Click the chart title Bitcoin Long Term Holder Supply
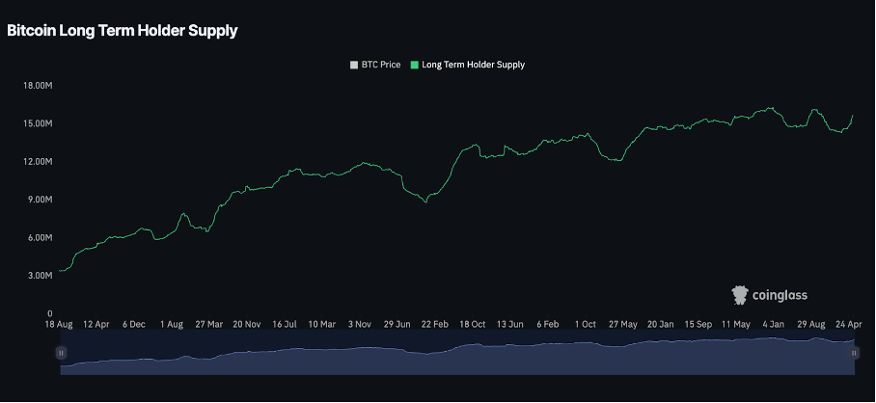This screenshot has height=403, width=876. (x=123, y=31)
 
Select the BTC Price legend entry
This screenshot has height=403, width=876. (x=375, y=65)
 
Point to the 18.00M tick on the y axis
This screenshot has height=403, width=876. (x=37, y=86)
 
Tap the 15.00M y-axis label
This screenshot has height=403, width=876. (x=37, y=123)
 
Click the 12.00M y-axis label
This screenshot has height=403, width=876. (x=37, y=162)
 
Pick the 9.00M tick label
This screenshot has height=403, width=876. (x=39, y=200)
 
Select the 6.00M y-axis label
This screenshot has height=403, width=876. (x=39, y=238)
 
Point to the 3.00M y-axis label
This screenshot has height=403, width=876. (x=39, y=276)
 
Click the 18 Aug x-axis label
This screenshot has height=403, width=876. (x=60, y=325)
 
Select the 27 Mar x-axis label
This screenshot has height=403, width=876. (x=208, y=325)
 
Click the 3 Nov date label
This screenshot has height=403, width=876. (x=361, y=325)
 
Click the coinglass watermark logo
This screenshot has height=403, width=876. (x=769, y=294)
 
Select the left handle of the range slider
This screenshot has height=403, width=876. (x=61, y=354)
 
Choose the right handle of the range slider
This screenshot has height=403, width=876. (x=854, y=354)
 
